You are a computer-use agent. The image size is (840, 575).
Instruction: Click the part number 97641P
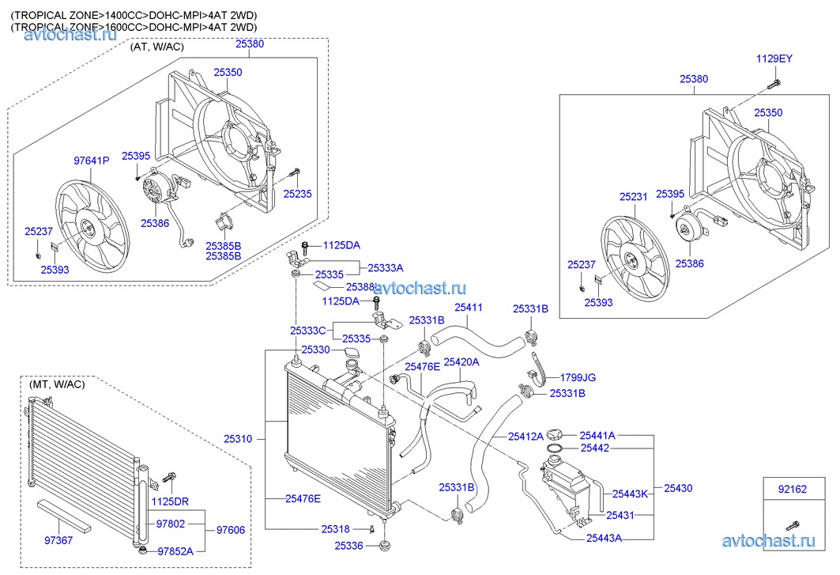(92, 161)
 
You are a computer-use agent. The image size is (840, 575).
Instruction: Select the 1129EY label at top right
(774, 59)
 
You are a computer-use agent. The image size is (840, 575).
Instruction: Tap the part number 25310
(239, 437)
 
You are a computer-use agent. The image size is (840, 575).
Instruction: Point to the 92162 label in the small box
(792, 490)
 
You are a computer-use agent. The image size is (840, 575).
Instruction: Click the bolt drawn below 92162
(793, 524)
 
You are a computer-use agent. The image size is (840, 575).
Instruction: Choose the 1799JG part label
(578, 377)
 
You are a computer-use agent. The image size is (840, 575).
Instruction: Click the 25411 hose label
(468, 307)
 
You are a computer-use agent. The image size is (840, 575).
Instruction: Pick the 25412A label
(526, 436)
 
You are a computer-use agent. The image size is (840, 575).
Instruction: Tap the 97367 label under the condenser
(58, 541)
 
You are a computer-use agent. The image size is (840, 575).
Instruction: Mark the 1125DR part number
(171, 501)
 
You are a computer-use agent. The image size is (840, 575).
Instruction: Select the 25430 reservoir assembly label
(678, 488)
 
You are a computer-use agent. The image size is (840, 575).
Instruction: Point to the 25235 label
(298, 192)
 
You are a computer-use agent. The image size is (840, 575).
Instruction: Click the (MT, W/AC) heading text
(57, 384)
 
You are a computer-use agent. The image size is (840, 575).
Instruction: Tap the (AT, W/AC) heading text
(156, 47)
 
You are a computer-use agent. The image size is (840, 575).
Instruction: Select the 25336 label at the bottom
(348, 546)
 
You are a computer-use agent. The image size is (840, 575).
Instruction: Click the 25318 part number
(335, 528)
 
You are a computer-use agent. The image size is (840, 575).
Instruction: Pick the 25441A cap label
(597, 435)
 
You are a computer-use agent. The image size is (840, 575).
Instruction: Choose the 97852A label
(175, 551)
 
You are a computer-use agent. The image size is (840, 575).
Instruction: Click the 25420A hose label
(461, 362)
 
